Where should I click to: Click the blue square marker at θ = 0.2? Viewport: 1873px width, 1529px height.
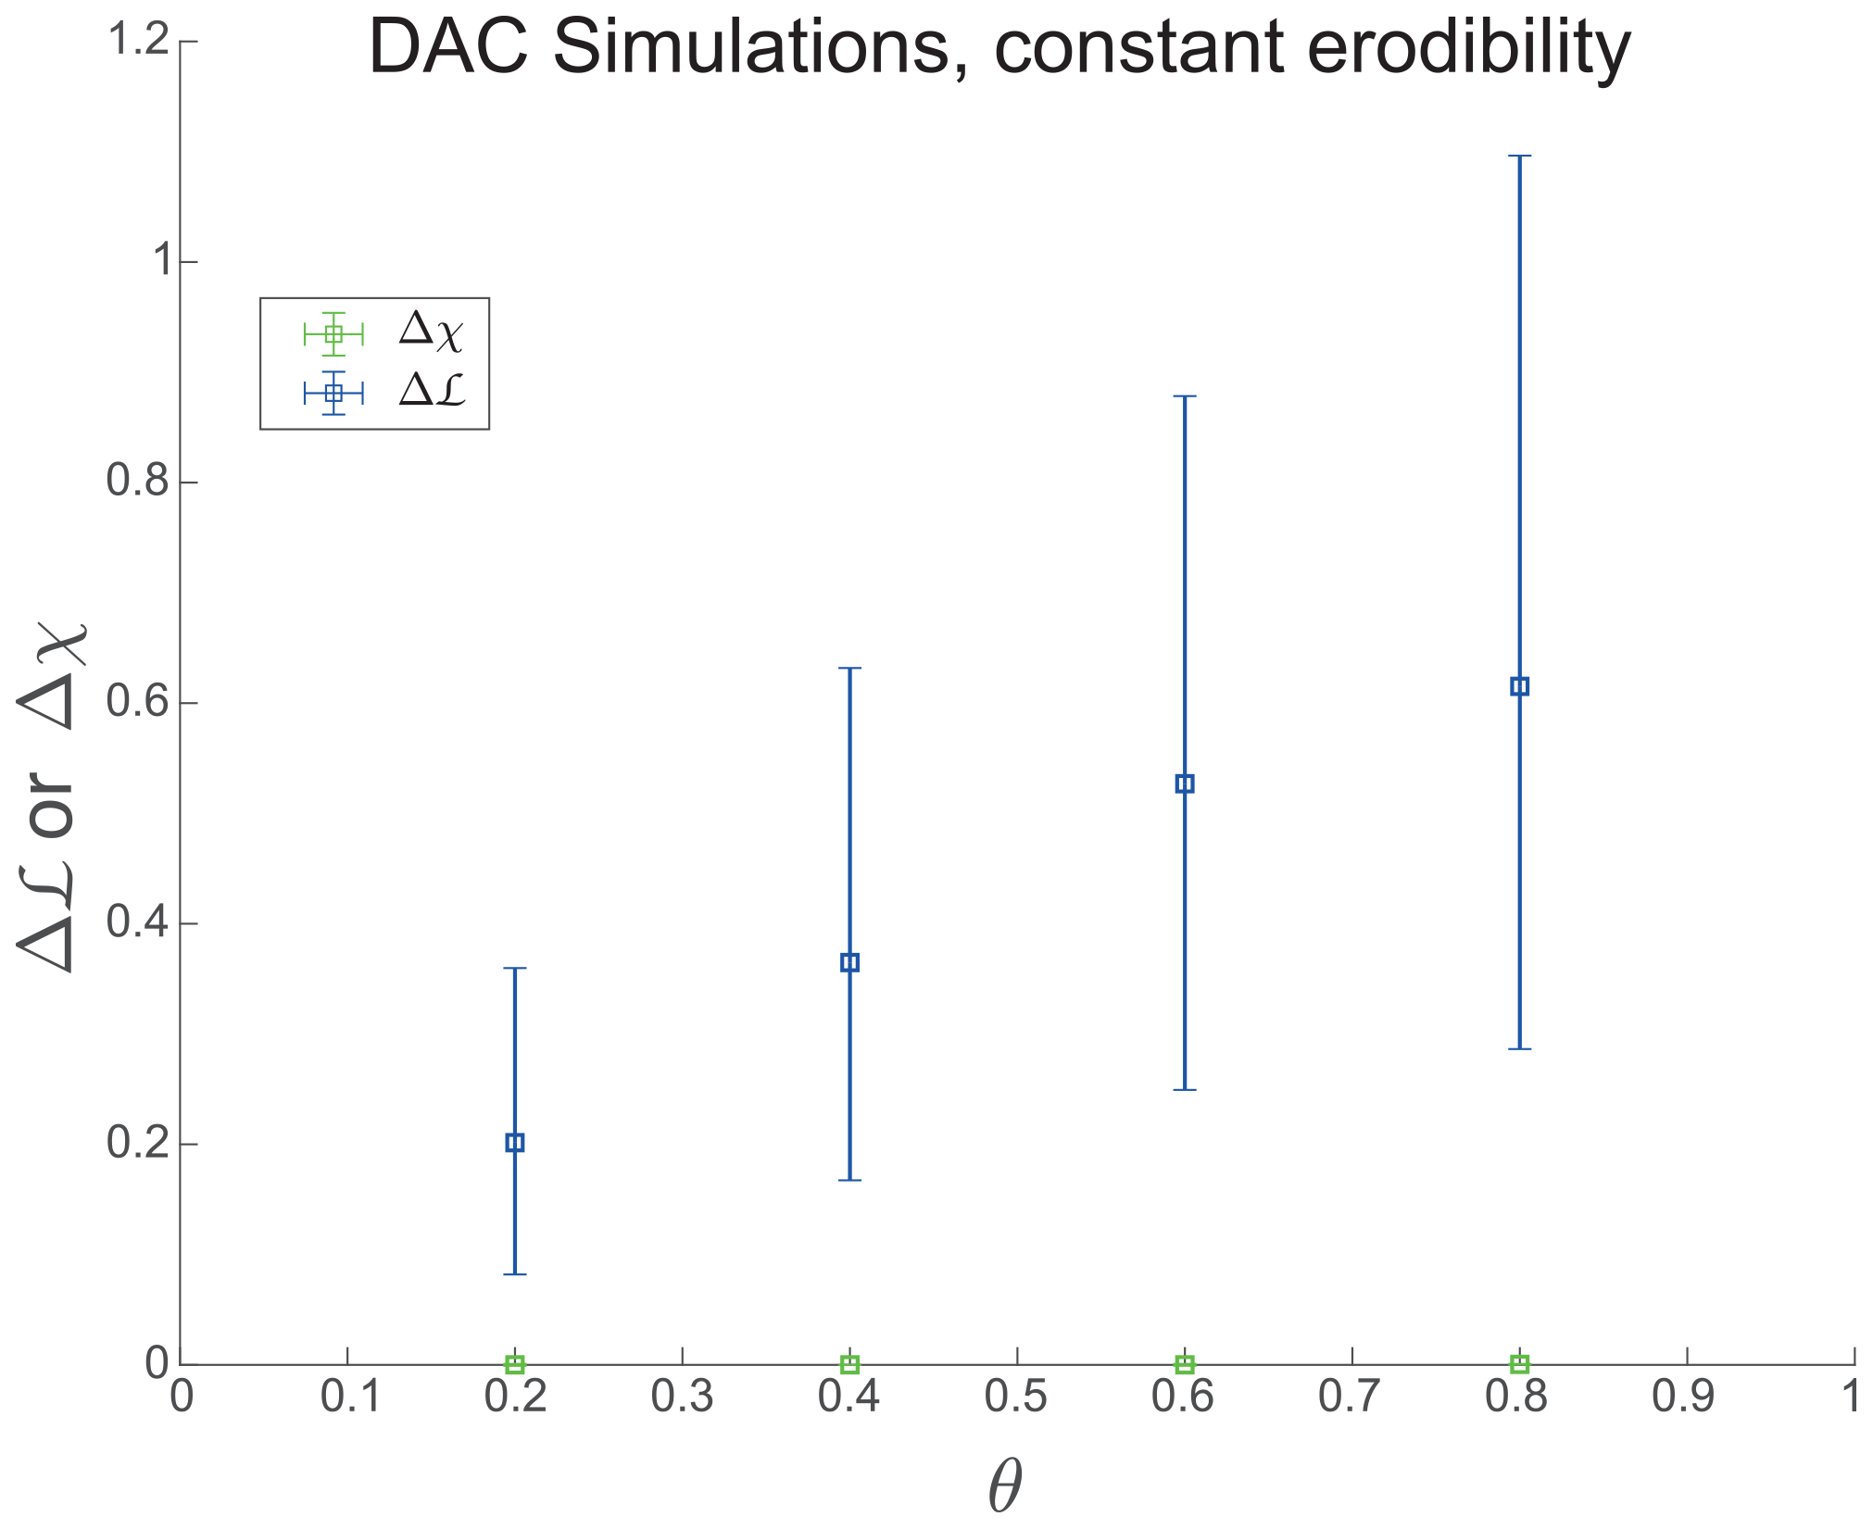pyautogui.click(x=515, y=1143)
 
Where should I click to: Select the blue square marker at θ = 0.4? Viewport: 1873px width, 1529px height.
pyautogui.click(x=849, y=963)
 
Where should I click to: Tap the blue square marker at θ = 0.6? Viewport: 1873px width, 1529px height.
pyautogui.click(x=1185, y=784)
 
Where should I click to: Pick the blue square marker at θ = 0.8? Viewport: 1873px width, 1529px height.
pyautogui.click(x=1519, y=686)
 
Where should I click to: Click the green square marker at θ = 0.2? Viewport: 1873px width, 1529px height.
pyautogui.click(x=515, y=1364)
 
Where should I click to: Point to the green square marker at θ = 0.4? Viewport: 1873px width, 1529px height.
pyautogui.click(x=849, y=1364)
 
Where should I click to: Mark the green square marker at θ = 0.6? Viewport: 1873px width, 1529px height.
pyautogui.click(x=1185, y=1364)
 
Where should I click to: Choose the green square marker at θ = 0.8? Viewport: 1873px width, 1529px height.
pyautogui.click(x=1519, y=1364)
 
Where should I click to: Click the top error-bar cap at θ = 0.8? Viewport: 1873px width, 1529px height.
pyautogui.click(x=1519, y=157)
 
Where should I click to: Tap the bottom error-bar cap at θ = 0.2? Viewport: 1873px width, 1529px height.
pyautogui.click(x=515, y=1274)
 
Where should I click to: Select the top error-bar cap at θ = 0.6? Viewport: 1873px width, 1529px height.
pyautogui.click(x=1185, y=396)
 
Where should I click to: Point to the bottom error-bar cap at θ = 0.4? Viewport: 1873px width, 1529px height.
pyautogui.click(x=849, y=1181)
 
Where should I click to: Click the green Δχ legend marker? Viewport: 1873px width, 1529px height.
pyautogui.click(x=333, y=333)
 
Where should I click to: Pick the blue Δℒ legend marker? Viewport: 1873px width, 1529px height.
pyautogui.click(x=333, y=394)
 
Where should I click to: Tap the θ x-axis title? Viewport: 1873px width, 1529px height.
pyautogui.click(x=1005, y=1485)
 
